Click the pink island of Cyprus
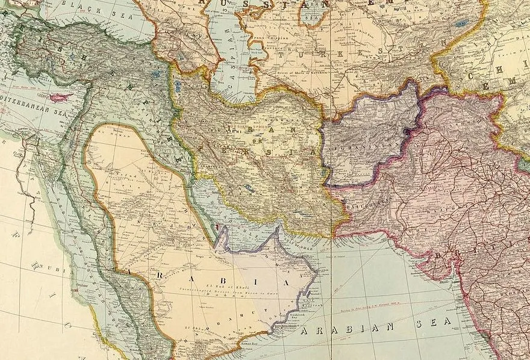click(60, 97)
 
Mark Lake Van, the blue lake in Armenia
click(156, 75)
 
